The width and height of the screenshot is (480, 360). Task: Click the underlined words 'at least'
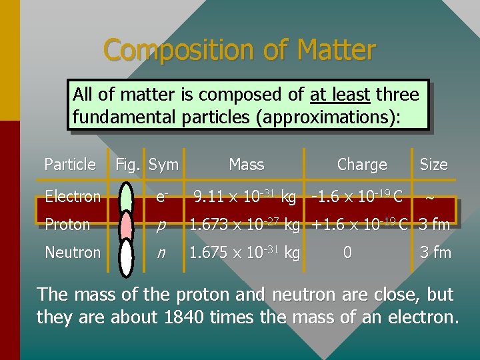tap(340, 95)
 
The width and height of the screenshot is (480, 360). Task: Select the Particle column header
tap(70, 164)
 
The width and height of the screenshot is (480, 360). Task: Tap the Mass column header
tap(246, 164)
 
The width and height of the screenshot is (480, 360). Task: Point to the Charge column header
tap(362, 164)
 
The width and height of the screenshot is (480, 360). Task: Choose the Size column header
tap(433, 164)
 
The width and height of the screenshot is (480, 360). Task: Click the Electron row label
tap(73, 196)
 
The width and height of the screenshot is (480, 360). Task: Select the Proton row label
tap(67, 225)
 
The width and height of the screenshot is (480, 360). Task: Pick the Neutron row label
tap(73, 253)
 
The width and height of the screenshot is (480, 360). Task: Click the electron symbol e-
tap(161, 196)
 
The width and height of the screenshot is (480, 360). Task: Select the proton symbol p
tap(161, 225)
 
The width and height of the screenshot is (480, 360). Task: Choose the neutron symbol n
tap(161, 253)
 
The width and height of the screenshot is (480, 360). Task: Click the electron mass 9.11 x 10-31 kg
tap(244, 196)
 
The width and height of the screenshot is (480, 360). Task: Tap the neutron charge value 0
tap(347, 253)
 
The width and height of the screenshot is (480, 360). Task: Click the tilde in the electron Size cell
tap(430, 197)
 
